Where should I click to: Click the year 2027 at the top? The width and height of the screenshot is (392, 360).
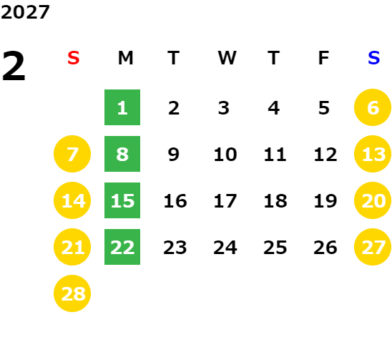click(25, 12)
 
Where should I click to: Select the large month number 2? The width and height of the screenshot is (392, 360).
click(14, 66)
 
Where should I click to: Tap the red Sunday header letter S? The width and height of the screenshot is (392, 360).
click(74, 58)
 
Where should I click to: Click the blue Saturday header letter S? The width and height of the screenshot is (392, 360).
click(373, 58)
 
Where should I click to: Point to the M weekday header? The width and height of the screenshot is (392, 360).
click(125, 58)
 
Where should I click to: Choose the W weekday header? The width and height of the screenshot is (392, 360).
click(227, 58)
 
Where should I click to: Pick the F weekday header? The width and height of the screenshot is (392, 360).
click(324, 58)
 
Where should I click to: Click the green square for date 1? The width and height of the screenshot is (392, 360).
click(122, 107)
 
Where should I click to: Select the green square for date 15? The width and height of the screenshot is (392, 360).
click(122, 200)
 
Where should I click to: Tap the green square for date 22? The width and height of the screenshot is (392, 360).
click(122, 247)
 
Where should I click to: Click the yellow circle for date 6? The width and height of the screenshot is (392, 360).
click(373, 107)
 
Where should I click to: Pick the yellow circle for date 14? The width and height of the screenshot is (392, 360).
click(72, 200)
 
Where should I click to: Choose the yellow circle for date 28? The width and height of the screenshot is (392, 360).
click(72, 293)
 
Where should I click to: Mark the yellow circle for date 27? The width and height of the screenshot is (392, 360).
click(373, 247)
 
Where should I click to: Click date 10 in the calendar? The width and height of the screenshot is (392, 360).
click(225, 154)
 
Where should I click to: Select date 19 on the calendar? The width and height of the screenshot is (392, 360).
click(325, 200)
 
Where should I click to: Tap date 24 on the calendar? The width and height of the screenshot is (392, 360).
click(225, 248)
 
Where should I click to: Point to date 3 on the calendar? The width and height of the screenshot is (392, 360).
click(224, 108)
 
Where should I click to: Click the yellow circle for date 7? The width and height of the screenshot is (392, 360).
click(72, 154)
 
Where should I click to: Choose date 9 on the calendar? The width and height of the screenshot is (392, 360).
click(174, 154)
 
